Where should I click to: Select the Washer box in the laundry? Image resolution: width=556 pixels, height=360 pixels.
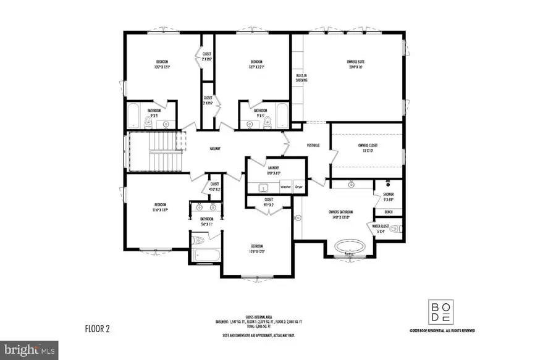click(285, 186)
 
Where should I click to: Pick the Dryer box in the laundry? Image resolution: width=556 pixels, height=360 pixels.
click(299, 186)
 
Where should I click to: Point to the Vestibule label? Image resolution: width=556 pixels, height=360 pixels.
click(313, 145)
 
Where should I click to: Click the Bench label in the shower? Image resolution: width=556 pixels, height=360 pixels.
click(389, 212)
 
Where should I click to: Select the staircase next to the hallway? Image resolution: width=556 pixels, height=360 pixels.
click(154, 151)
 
